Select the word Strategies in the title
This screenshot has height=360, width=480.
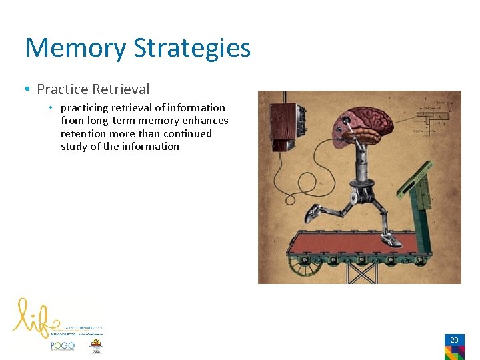tap(191, 48)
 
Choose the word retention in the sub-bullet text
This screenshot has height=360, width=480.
tap(85, 133)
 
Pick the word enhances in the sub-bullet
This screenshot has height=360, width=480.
tap(205, 121)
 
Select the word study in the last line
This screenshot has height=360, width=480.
tap(75, 147)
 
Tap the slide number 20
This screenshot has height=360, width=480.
tap(454, 340)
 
